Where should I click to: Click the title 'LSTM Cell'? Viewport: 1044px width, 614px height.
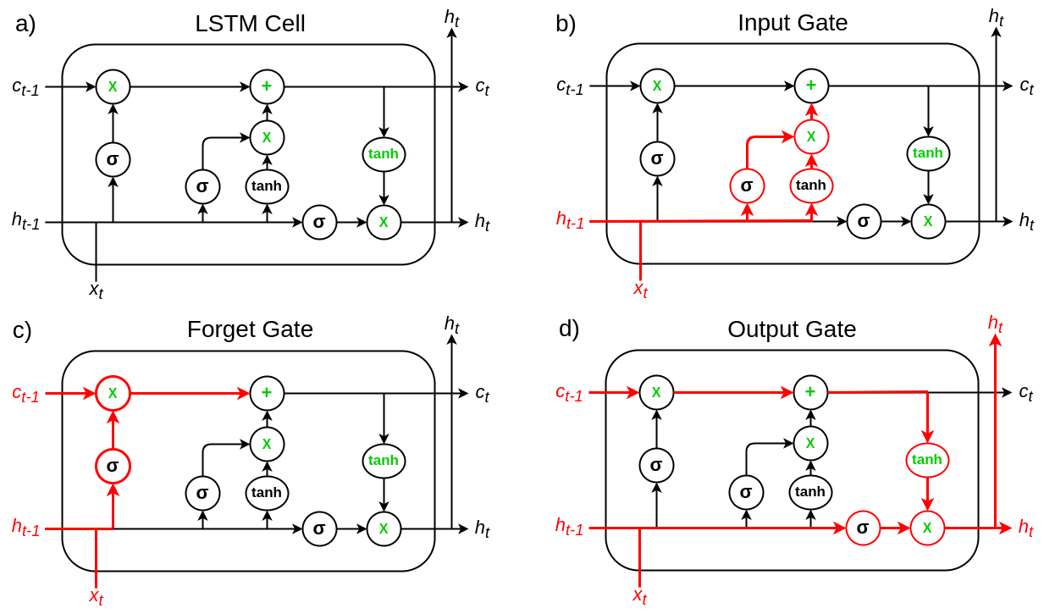[250, 24]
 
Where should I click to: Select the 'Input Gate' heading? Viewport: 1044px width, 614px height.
[793, 22]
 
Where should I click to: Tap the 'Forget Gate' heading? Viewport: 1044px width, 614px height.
[250, 329]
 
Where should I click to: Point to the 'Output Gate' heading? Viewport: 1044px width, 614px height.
[792, 329]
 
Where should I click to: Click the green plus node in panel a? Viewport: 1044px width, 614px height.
[267, 86]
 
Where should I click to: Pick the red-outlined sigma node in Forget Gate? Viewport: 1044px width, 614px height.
[113, 466]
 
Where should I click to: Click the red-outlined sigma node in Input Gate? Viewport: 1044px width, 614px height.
[747, 185]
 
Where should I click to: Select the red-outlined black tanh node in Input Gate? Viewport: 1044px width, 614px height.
[811, 185]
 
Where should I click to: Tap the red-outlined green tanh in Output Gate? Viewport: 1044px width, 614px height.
[927, 460]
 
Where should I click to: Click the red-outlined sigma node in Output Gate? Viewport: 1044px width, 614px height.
[863, 528]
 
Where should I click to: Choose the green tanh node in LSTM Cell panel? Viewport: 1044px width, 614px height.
[384, 154]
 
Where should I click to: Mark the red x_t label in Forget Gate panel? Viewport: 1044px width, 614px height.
[96, 597]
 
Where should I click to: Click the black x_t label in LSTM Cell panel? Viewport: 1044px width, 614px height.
[96, 290]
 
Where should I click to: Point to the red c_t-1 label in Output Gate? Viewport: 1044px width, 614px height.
[569, 393]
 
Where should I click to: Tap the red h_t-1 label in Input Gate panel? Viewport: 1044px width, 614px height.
[570, 219]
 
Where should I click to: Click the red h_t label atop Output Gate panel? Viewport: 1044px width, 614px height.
[995, 324]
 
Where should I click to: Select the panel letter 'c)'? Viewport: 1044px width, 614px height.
[22, 330]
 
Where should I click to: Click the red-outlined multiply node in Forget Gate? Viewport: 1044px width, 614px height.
[113, 394]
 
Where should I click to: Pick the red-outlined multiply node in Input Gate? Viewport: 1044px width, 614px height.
[811, 136]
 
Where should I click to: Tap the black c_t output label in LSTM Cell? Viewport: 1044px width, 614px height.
[483, 87]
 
